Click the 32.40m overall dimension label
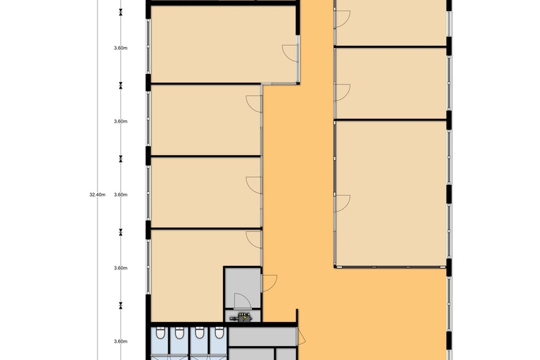point(97,195)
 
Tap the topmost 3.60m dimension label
point(120,48)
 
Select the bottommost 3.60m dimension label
point(120,341)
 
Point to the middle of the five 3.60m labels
point(120,195)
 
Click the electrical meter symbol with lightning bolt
point(243,318)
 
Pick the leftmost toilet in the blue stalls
point(160,335)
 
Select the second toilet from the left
point(180,335)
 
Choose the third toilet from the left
point(199,335)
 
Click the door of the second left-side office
point(254,103)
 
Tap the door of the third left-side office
point(254,183)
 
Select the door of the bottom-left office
point(254,239)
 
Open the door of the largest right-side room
point(342,203)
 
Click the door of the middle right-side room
point(342,91)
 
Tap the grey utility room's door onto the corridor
point(269,282)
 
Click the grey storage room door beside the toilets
point(300,337)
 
